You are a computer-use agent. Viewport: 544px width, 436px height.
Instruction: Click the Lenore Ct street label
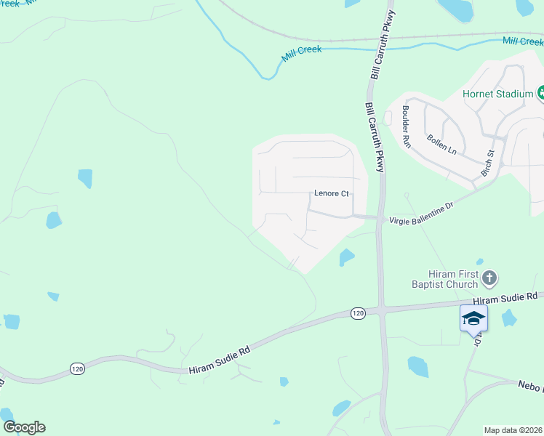pos(332,194)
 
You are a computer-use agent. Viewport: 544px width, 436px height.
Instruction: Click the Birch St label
pos(487,164)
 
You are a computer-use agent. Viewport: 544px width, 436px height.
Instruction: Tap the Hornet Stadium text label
pos(497,94)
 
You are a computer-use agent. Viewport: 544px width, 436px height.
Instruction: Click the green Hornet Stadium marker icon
pos(542,92)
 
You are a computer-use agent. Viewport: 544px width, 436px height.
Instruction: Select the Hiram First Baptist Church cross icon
pos(489,278)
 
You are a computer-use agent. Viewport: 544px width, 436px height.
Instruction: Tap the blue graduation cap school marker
pos(473,318)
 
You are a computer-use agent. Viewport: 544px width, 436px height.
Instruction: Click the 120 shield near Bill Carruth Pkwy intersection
pos(357,313)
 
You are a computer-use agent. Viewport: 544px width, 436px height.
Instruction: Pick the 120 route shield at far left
pos(78,368)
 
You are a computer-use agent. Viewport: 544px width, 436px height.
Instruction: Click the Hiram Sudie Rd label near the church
pos(504,299)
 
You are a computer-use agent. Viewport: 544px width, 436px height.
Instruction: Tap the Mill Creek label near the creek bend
pos(301,54)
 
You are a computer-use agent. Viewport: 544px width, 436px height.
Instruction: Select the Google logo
pos(24,427)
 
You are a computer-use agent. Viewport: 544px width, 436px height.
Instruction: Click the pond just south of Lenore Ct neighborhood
pos(346,257)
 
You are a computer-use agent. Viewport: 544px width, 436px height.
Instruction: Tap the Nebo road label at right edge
pos(529,386)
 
